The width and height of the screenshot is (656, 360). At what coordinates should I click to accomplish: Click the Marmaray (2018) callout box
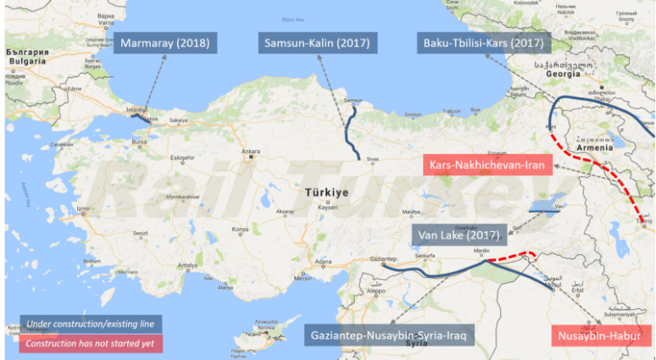(x=166, y=43)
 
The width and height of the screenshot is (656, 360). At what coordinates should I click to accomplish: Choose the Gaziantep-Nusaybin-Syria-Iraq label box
(x=390, y=335)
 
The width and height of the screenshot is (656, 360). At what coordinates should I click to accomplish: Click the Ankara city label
(x=251, y=153)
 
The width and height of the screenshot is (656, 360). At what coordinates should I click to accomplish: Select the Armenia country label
(x=593, y=147)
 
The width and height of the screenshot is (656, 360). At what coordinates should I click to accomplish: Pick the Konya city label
(x=242, y=230)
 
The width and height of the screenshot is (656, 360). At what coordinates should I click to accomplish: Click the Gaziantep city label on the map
(x=384, y=260)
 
